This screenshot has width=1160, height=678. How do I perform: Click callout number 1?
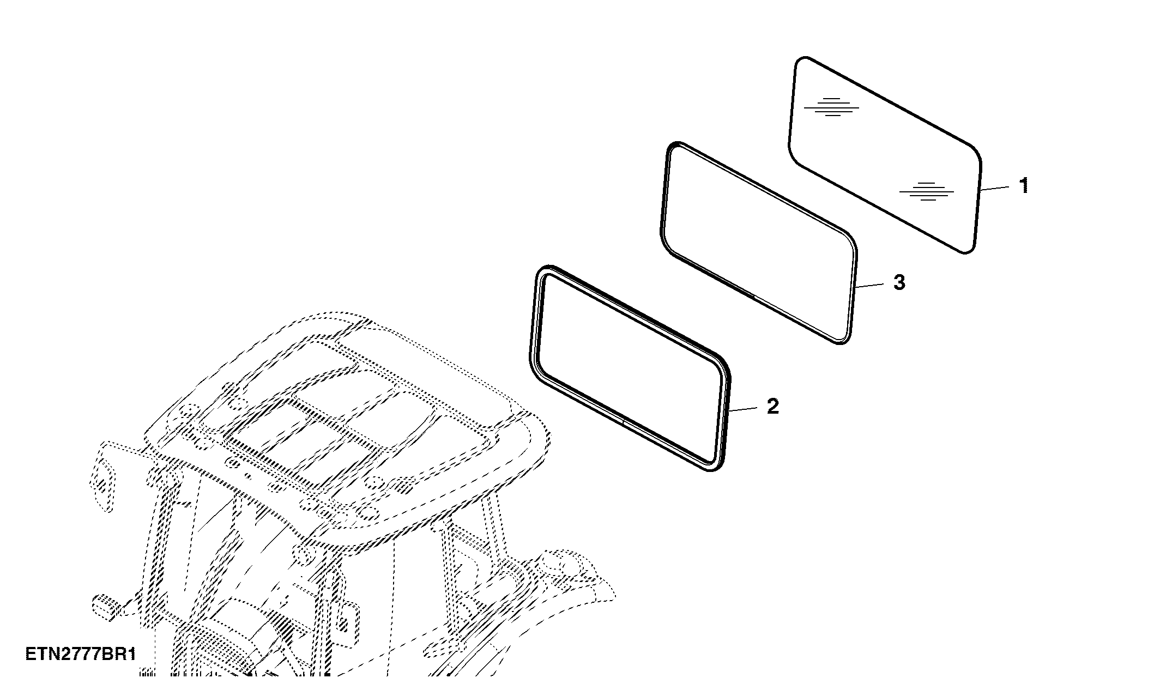click(1024, 185)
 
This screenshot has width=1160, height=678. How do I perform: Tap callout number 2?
click(773, 406)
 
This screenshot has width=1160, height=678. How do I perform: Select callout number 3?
click(899, 282)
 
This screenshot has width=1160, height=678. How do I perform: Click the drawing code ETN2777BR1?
click(81, 654)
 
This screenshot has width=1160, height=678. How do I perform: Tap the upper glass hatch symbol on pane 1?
click(831, 107)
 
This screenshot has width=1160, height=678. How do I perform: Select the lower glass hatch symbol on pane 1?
click(927, 191)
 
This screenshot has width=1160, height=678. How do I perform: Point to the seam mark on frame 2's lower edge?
click(623, 421)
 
